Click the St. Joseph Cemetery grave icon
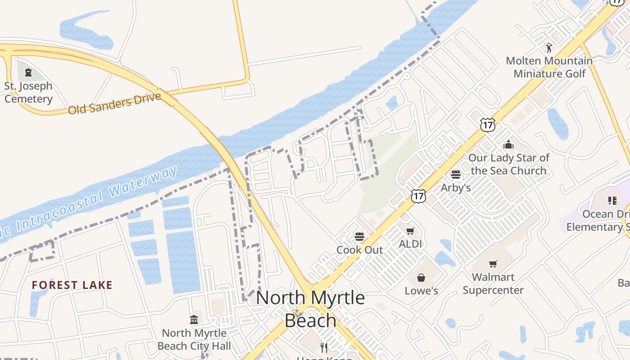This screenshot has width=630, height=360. [28, 72]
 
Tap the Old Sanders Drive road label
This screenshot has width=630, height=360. [114, 103]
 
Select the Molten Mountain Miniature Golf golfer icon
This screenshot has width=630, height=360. [549, 47]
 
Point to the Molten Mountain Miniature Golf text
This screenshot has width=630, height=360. [549, 67]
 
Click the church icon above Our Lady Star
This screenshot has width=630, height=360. [508, 144]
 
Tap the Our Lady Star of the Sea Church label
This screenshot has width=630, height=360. [508, 164]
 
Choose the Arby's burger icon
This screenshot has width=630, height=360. [456, 175]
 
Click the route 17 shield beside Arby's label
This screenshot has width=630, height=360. [418, 196]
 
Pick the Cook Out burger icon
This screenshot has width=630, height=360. [359, 237]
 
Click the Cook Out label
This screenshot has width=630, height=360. [360, 250]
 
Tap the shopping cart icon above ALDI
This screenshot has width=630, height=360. [410, 231]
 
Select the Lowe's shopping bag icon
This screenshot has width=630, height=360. [421, 278]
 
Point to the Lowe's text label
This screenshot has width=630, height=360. [421, 291]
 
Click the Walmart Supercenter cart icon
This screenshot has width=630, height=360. [493, 264]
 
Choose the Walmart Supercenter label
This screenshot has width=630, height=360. [493, 283]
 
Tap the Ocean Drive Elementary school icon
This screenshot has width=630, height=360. [612, 200]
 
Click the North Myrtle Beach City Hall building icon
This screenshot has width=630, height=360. [194, 320]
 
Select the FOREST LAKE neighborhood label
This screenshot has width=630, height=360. [72, 285]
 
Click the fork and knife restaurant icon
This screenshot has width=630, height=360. [324, 347]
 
